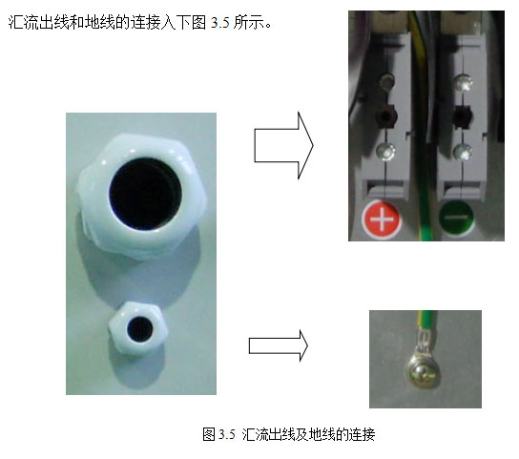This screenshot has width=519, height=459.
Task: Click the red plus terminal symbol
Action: point(382,219)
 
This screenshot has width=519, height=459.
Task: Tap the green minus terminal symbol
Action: point(456,219)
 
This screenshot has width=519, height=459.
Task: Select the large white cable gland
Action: point(142,195)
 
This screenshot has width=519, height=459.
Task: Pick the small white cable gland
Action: point(138,328)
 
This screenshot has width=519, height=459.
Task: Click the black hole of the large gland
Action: point(145,194)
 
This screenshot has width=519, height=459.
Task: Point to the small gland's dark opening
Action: point(139,329)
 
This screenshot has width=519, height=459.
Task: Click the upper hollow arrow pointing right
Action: point(283,146)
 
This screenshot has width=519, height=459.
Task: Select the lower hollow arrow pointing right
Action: point(279,345)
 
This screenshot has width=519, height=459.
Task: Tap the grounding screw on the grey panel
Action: point(424,375)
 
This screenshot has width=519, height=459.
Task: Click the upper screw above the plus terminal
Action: point(387,80)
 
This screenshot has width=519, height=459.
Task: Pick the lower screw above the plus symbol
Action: point(386,151)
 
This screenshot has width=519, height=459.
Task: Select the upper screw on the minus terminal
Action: point(463,82)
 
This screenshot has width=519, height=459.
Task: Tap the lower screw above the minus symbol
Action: point(463,152)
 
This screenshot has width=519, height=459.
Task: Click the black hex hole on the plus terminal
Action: point(385,116)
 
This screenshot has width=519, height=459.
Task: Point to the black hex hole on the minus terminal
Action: point(462,116)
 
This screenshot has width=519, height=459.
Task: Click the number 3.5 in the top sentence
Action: point(220,23)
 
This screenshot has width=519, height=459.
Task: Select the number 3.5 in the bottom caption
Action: point(227,434)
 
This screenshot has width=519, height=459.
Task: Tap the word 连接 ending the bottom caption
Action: point(363,434)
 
